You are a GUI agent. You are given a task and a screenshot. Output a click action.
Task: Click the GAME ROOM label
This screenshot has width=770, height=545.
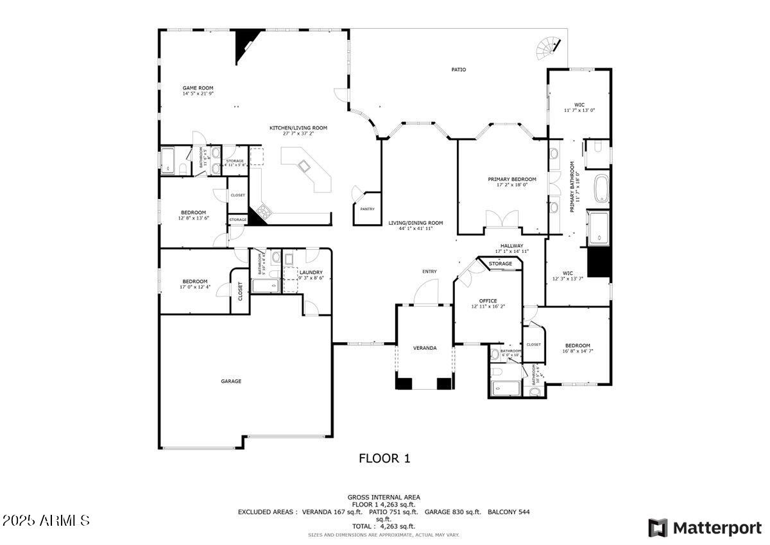198,88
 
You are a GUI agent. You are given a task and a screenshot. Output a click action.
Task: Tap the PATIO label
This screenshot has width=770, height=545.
458,69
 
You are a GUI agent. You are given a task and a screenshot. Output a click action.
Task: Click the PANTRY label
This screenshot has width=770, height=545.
367,209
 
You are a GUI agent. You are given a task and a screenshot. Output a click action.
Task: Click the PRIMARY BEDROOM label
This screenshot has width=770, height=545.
511,179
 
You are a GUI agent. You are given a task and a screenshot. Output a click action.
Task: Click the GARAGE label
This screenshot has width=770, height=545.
231,381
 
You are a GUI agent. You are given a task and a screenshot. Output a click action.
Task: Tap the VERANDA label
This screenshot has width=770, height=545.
425,348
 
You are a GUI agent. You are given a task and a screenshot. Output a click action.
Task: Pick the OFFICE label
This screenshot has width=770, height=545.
488,300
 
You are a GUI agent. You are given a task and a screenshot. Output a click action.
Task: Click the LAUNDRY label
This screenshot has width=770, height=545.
311,272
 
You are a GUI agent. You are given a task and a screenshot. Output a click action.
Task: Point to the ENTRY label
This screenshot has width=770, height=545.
429,272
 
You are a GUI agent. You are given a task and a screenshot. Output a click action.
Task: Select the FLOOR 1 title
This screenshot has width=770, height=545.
384,458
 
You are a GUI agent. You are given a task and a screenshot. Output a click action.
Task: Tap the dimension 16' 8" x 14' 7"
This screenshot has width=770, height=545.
577,351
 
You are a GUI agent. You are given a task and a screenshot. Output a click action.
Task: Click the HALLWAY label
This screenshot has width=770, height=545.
511,246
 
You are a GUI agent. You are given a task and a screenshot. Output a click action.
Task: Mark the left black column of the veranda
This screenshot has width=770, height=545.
403,384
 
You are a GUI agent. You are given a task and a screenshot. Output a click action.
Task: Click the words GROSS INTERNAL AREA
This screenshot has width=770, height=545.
384,497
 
